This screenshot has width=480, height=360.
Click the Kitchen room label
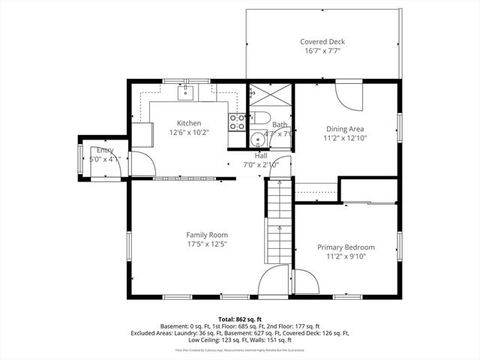pos(188,123)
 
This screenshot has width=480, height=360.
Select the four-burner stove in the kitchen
pos(238,122)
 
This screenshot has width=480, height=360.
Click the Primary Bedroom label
pos(346,247)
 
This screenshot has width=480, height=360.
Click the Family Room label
pos(207,235)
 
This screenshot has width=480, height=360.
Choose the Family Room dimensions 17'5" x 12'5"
pos(207,244)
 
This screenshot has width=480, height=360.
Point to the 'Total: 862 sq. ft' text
pos(239,319)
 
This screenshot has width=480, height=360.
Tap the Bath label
pos(279,124)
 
